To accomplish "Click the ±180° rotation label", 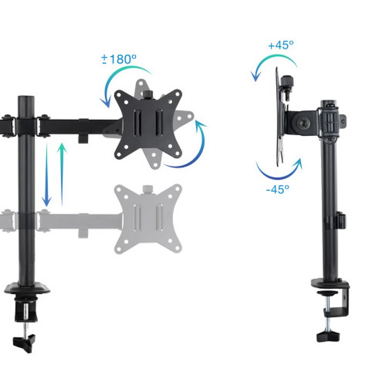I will (119, 60).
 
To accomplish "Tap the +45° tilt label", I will (281, 45).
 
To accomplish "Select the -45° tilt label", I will (277, 189).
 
